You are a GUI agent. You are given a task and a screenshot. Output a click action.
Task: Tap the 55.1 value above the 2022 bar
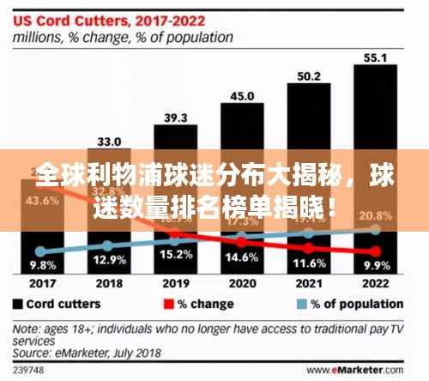point(375,58)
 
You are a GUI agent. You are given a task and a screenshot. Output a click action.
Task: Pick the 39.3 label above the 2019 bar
point(175,118)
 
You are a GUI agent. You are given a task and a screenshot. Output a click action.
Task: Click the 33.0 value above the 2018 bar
point(108,141)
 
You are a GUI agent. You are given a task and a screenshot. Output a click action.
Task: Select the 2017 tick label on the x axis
point(42,282)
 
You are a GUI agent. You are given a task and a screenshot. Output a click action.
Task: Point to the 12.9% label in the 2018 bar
point(108,257)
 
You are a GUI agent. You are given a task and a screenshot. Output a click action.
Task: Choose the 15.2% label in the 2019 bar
point(175,255)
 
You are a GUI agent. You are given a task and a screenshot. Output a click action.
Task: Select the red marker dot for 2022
point(375,251)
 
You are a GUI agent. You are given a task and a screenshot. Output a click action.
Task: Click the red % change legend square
point(169,304)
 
